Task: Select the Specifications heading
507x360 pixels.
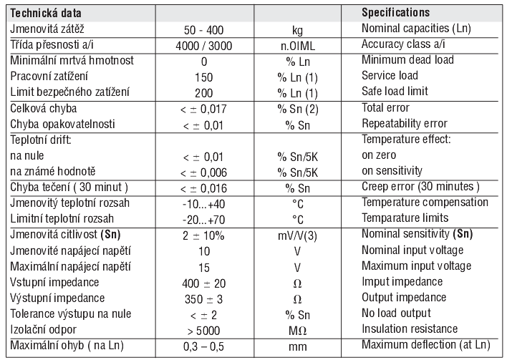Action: pyautogui.click(x=405, y=13)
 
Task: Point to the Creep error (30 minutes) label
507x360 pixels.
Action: pyautogui.click(x=420, y=187)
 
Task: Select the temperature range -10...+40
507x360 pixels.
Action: pyautogui.click(x=203, y=203)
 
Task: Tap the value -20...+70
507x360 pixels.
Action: pyautogui.click(x=203, y=218)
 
